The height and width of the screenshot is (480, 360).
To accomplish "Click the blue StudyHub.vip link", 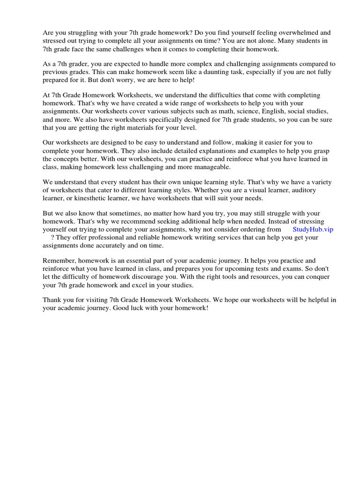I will coord(313,229).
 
